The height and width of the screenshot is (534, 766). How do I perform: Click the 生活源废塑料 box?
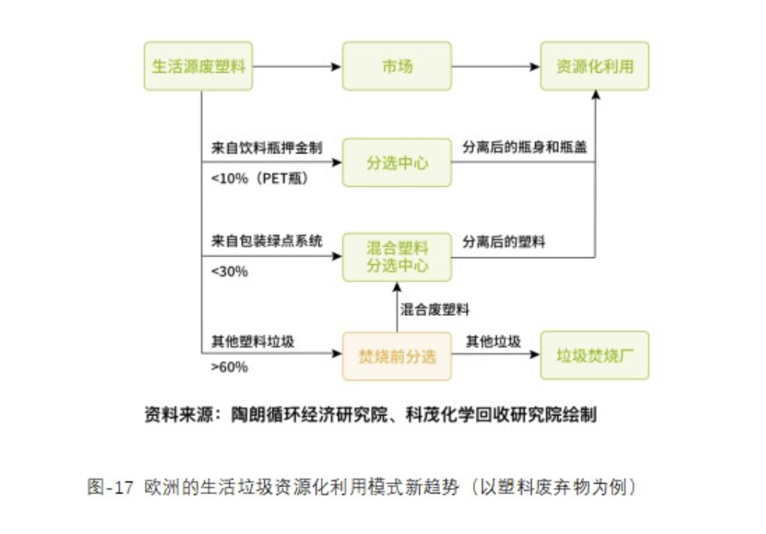click(198, 67)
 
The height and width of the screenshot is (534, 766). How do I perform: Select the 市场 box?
click(396, 67)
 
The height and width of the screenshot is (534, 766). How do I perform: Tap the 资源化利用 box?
click(595, 67)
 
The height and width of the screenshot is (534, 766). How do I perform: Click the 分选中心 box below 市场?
click(396, 162)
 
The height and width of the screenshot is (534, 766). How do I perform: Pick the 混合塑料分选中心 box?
click(396, 257)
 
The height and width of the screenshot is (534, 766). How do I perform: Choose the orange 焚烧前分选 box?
click(396, 356)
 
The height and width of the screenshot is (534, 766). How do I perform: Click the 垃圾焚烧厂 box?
click(595, 356)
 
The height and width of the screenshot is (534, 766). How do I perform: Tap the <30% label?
click(229, 271)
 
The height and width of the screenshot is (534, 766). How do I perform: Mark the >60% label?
click(229, 367)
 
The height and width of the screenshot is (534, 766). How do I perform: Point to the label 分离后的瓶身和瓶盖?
click(525, 148)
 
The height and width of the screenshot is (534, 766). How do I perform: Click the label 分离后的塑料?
click(504, 242)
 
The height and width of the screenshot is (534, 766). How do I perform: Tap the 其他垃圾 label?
click(493, 342)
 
